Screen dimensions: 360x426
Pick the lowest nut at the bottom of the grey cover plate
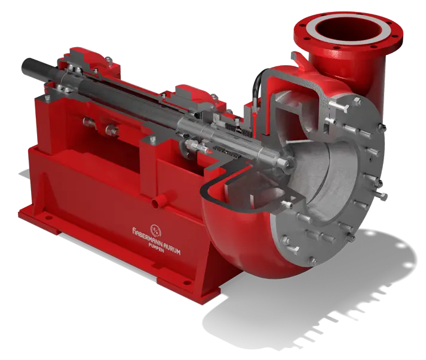coord(311,260)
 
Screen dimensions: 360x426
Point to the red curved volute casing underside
coord(233,239)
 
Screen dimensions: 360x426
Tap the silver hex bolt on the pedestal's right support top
coord(154,139)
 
